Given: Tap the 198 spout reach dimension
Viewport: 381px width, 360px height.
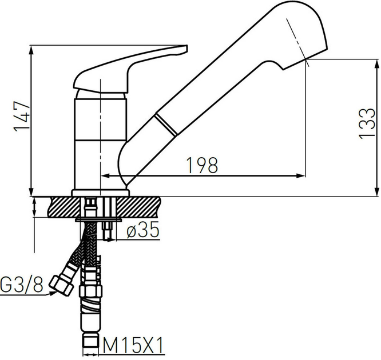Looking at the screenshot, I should [202, 165].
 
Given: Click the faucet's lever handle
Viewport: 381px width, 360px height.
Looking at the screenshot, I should [132, 69].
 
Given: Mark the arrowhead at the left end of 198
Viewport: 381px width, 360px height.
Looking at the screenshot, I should [105, 175].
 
